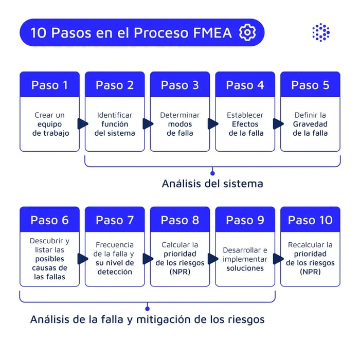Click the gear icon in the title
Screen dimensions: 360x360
pos(247,33)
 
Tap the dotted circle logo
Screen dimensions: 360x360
pos(321,32)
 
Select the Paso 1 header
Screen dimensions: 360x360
pos(49,85)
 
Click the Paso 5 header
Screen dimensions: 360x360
pos(310,85)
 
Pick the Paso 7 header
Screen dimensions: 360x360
pos(115,220)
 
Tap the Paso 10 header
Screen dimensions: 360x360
pos(310,220)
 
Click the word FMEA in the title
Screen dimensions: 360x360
pos(212,33)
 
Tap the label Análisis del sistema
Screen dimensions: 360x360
pos(212,184)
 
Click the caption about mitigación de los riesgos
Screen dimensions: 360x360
pos(148,319)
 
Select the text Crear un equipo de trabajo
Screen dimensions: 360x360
pos(50,124)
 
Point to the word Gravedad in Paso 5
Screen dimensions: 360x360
pos(310,124)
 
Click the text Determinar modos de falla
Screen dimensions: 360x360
pos(179,124)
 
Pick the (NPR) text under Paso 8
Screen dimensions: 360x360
pos(179,272)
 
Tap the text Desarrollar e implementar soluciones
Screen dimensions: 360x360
pos(245,259)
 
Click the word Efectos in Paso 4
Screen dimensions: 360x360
pos(245,124)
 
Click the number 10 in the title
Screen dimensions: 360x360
pos(39,33)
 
